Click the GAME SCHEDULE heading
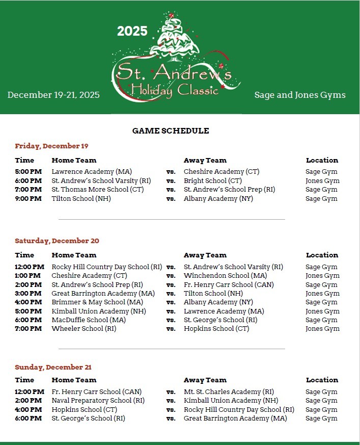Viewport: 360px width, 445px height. (171, 131)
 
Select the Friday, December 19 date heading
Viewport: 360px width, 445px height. (51, 146)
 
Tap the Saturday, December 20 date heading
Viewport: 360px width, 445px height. (57, 241)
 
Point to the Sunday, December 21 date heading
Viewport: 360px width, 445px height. (53, 368)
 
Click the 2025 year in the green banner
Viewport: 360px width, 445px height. (132, 31)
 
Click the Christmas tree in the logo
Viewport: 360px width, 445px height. (175, 38)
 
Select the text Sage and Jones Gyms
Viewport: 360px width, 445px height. (300, 95)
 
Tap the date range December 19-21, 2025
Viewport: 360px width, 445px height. (53, 95)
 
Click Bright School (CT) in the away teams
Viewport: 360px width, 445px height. (213, 181)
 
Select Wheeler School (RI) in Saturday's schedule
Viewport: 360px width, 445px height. (84, 329)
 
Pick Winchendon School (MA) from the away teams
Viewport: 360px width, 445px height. (226, 276)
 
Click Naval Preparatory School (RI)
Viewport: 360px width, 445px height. (98, 401)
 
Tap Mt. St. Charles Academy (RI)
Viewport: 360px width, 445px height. (229, 392)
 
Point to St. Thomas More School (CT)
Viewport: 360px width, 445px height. (98, 190)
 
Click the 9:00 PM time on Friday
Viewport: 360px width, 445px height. (28, 199)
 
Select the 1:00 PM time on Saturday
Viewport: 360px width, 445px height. (28, 276)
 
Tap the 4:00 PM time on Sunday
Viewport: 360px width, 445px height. (28, 410)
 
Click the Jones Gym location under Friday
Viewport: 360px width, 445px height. (322, 181)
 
